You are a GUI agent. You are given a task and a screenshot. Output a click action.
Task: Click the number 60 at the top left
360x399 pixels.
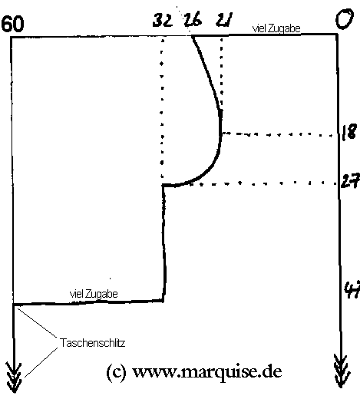(13, 24)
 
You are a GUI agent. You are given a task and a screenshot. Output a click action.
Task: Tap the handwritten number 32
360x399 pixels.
(163, 20)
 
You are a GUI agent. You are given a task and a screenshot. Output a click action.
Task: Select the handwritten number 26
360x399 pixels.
(193, 19)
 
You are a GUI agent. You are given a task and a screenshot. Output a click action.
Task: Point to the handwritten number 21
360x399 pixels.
(224, 20)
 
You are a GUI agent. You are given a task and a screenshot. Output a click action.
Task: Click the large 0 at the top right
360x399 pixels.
(345, 18)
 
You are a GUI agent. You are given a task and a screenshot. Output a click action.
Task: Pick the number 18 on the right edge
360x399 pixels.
(349, 132)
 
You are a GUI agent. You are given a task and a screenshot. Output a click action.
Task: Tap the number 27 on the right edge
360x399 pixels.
(351, 181)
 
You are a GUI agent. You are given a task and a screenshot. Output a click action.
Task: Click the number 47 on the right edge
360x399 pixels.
(352, 289)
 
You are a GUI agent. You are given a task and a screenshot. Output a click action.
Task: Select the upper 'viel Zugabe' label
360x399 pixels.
(276, 28)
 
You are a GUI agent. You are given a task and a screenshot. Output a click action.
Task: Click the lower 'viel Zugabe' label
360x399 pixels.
(94, 294)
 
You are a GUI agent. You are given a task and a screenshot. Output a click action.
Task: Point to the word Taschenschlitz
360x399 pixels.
(92, 343)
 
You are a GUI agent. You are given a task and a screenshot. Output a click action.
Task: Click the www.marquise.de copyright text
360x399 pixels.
(194, 372)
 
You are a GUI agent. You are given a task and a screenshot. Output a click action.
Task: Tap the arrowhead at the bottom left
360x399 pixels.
(14, 379)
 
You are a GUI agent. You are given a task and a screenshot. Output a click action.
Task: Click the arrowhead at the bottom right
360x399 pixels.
(342, 371)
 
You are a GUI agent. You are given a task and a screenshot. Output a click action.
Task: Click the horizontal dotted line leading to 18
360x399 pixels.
(278, 134)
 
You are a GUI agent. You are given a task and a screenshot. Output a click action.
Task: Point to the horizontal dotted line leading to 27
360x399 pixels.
(263, 183)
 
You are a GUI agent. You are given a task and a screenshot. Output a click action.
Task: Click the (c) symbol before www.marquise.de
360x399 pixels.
(116, 372)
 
